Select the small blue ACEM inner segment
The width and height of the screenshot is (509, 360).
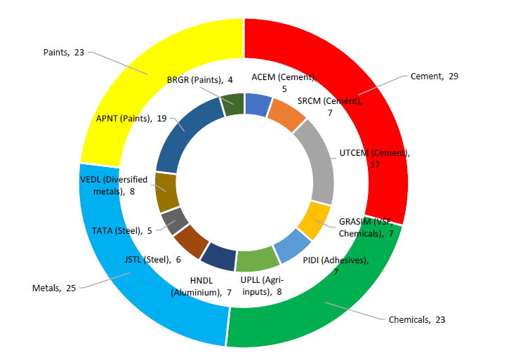[258, 104]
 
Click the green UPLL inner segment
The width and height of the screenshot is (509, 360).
[258, 260]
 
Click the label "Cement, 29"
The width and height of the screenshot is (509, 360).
[435, 76]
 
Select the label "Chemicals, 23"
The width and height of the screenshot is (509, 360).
[417, 320]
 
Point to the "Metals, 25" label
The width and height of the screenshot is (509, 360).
[54, 288]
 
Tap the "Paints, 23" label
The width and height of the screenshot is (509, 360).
[64, 52]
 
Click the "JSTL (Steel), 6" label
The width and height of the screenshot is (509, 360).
[153, 260]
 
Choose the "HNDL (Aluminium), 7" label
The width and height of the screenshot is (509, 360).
[201, 286]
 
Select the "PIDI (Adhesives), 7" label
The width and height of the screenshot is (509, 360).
[336, 266]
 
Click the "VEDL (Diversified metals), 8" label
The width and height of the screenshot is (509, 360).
[114, 185]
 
